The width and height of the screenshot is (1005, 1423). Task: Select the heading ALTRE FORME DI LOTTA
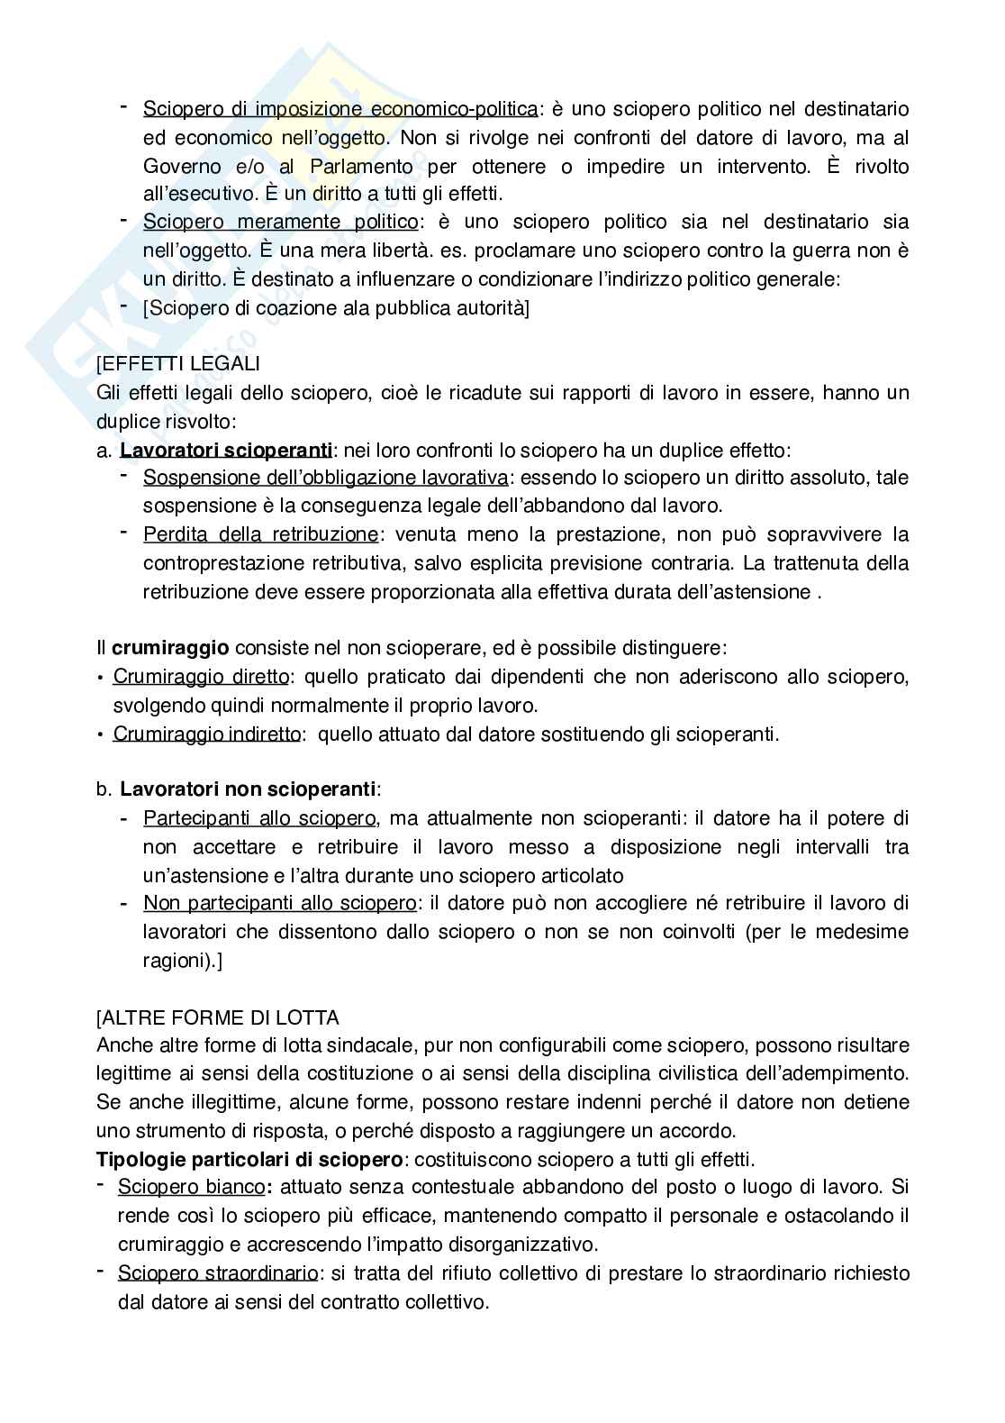[x=217, y=1017]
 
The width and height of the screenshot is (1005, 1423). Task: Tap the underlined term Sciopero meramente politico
[x=280, y=222]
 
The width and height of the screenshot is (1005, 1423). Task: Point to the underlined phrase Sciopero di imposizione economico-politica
[x=340, y=109]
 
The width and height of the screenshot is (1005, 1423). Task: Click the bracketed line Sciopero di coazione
[x=336, y=308]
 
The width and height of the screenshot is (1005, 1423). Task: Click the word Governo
[x=182, y=167]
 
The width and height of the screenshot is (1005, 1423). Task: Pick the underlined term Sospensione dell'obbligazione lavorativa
[x=325, y=478]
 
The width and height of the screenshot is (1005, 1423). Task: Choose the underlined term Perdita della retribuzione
[x=260, y=534]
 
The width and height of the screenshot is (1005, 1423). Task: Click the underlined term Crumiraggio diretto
[x=201, y=677]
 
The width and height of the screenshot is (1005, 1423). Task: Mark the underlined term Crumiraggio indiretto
[x=206, y=734]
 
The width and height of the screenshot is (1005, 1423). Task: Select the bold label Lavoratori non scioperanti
[x=248, y=789]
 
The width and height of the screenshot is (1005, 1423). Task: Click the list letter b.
[x=103, y=789]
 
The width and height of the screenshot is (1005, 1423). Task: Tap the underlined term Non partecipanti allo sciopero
[x=280, y=903]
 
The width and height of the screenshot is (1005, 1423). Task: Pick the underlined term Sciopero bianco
[x=191, y=1187]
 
